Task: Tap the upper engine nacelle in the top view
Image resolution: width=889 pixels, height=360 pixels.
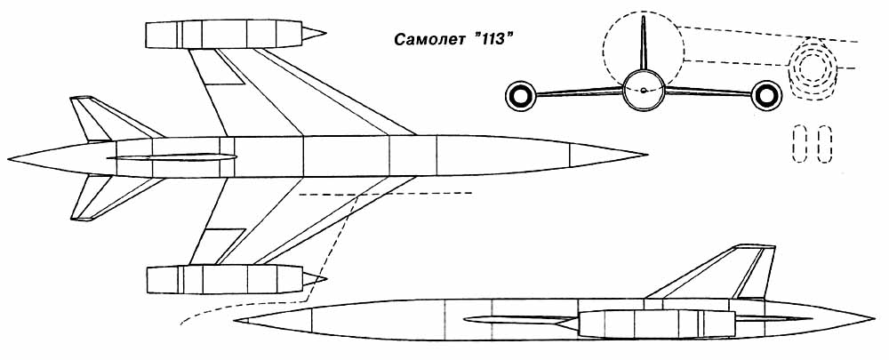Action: pyautogui.click(x=227, y=34)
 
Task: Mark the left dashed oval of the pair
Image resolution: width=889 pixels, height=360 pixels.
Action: pyautogui.click(x=797, y=144)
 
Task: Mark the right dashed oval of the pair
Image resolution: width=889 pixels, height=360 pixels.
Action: pyautogui.click(x=823, y=144)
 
